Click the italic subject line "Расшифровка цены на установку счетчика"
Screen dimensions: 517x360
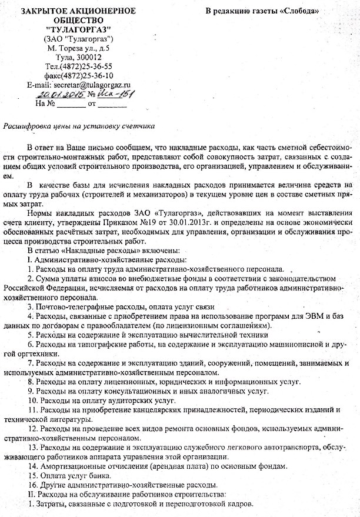79,126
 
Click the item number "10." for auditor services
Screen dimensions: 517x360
34,400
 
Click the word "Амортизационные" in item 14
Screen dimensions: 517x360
78,466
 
